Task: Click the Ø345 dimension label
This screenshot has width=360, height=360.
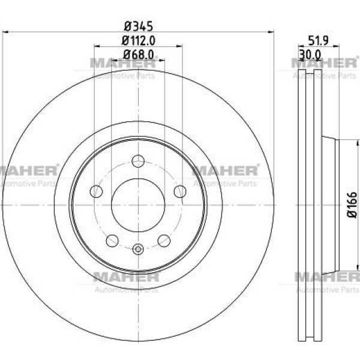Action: point(139,26)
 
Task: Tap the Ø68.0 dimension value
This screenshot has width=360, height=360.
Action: point(139,55)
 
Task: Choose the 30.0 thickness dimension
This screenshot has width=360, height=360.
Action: point(310,55)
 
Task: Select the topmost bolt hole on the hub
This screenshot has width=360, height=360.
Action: point(138,161)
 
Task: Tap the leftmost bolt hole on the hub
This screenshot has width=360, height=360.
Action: point(96,191)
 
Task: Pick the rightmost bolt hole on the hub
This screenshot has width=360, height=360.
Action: point(180,191)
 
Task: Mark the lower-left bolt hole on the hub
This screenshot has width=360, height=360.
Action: point(112,241)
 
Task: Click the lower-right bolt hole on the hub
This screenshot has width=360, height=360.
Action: point(164,241)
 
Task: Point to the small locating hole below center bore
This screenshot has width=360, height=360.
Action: point(138,249)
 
